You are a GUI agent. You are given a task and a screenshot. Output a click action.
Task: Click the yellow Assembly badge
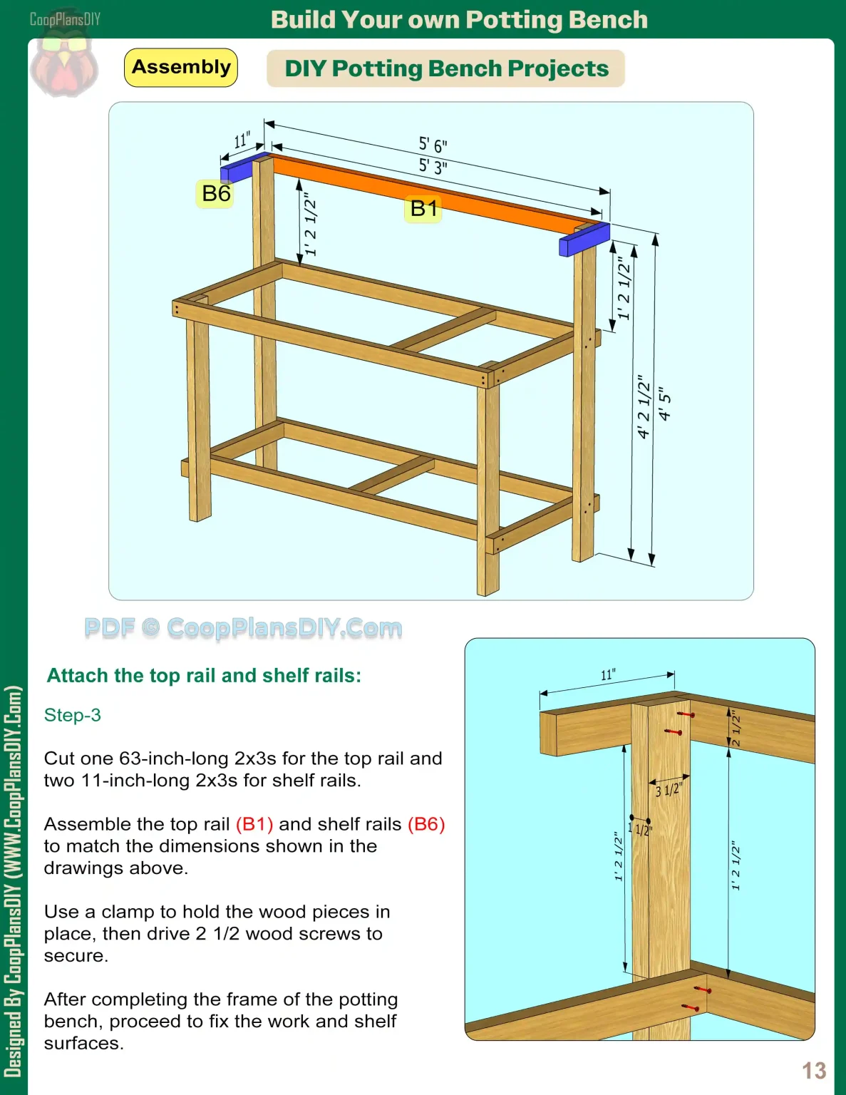[181, 68]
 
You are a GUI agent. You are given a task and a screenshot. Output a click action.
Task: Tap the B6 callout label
[216, 193]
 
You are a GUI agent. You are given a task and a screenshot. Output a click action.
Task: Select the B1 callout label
[423, 208]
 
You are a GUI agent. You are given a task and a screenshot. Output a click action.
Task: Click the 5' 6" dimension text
[433, 145]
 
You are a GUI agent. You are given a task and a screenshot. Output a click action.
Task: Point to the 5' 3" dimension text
[433, 167]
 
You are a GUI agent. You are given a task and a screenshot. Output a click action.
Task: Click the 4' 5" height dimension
[664, 404]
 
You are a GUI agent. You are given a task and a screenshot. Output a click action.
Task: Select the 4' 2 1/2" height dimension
[644, 406]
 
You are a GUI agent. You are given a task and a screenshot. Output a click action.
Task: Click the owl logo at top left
[64, 64]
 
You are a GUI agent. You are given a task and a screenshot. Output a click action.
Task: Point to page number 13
[814, 1070]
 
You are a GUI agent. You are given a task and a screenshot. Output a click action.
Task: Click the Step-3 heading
[73, 715]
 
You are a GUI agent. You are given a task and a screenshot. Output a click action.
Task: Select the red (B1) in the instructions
[254, 824]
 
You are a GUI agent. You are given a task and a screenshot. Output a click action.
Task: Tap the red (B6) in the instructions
[426, 824]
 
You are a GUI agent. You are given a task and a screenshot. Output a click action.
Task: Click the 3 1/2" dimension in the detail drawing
[669, 790]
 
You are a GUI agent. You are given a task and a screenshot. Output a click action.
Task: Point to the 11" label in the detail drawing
[608, 674]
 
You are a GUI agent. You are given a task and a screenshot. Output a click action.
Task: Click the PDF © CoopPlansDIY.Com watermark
[243, 628]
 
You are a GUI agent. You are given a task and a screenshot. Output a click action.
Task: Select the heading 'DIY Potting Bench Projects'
[446, 68]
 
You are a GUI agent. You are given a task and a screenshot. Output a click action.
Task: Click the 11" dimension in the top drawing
[242, 140]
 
